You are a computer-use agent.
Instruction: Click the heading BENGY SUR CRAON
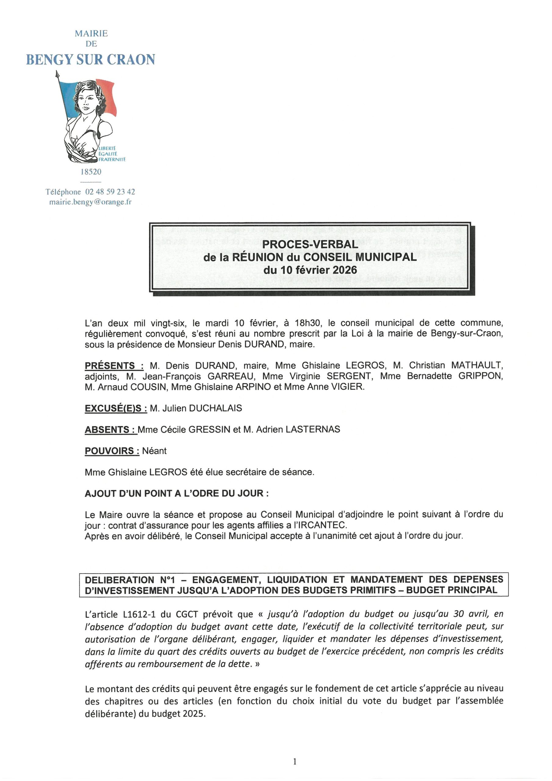(x=91, y=59)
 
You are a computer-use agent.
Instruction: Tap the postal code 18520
(x=91, y=172)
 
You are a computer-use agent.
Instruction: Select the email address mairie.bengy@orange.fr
(x=91, y=202)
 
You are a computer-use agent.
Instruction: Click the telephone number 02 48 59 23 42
(x=110, y=192)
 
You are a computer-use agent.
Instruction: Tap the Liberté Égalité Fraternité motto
(x=112, y=154)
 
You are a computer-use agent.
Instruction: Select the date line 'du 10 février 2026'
(x=310, y=270)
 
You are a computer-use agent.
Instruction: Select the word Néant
(x=154, y=451)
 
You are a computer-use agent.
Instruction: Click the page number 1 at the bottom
(x=295, y=761)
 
